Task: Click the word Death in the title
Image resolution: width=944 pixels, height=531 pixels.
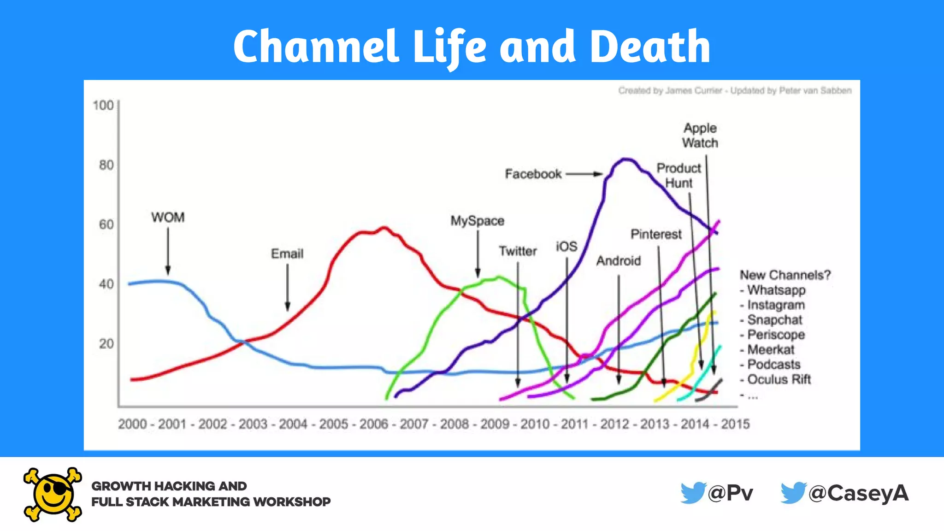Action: (x=650, y=46)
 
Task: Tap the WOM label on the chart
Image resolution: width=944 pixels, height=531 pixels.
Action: (x=168, y=217)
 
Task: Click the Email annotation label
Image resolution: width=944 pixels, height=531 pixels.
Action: (x=287, y=254)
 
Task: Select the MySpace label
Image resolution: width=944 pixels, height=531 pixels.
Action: (x=477, y=221)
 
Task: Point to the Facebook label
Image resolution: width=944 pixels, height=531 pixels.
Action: (x=533, y=174)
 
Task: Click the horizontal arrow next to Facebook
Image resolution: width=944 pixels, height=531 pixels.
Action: (x=584, y=174)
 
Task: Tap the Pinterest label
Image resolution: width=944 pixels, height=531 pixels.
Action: (x=656, y=234)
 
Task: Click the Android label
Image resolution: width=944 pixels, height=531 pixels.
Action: (x=619, y=261)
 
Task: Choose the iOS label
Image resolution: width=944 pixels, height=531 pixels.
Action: (x=566, y=247)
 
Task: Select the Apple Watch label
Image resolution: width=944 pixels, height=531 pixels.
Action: (x=700, y=135)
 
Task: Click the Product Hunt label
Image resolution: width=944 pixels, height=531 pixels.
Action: (x=678, y=175)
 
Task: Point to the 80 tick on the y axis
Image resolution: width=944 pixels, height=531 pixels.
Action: (x=106, y=165)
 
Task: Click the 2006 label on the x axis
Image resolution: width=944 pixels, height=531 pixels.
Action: (x=374, y=424)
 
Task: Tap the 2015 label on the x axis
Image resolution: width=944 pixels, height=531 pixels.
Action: (x=735, y=424)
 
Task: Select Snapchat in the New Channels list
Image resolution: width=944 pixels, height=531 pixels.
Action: (x=774, y=320)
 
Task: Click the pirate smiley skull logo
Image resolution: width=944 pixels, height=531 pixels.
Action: (x=53, y=495)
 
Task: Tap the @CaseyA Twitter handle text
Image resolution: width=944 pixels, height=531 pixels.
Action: (x=858, y=493)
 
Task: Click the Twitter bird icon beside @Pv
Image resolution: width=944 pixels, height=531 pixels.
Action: (x=693, y=493)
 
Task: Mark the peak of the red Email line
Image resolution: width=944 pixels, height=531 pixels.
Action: (x=384, y=227)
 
